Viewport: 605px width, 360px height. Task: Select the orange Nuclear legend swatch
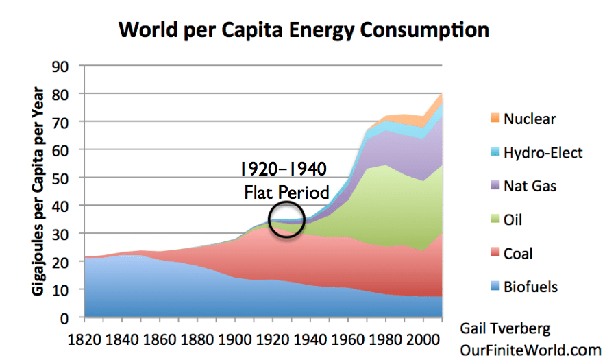click(490, 119)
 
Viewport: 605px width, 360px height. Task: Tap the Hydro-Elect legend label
click(543, 152)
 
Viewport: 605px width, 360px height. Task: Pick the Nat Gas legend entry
click(532, 186)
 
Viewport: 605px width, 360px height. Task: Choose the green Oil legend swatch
click(490, 220)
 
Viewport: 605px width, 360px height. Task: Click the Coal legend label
click(518, 254)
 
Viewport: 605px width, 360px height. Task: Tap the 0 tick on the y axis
click(69, 318)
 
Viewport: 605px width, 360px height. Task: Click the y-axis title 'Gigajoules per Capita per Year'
click(36, 193)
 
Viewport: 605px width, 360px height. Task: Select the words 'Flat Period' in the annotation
click(287, 193)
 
